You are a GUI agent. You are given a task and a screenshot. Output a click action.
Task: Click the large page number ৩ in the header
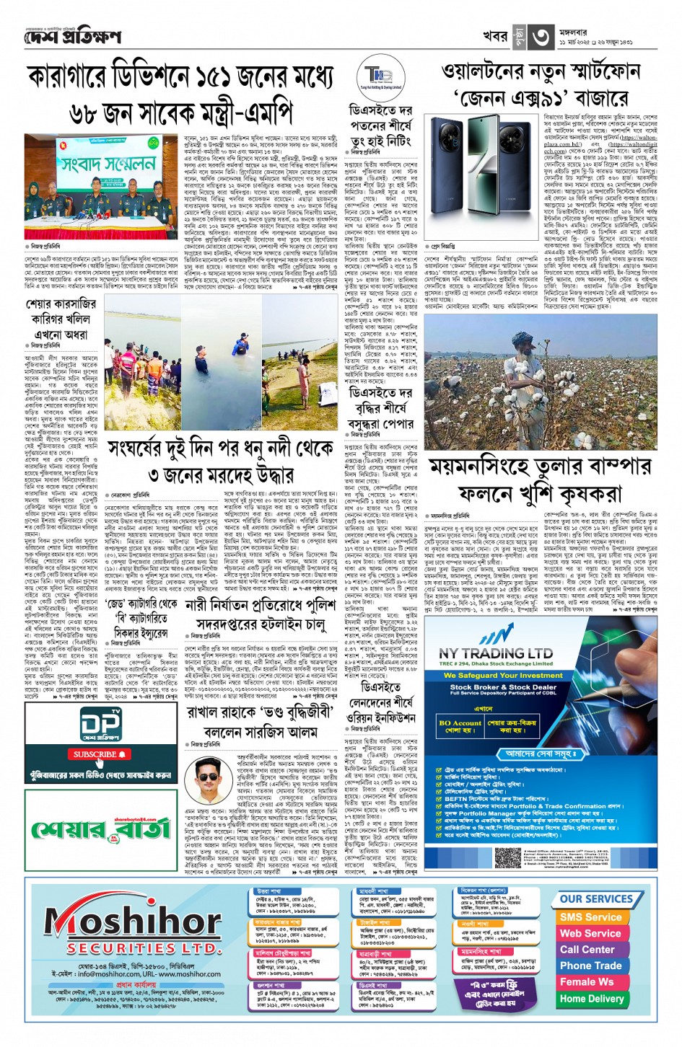tap(541, 37)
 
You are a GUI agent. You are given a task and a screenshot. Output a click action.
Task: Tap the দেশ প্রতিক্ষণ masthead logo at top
tap(72, 36)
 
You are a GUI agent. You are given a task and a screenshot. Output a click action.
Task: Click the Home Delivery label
tap(591, 999)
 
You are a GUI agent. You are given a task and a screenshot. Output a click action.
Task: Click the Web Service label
tap(590, 933)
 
